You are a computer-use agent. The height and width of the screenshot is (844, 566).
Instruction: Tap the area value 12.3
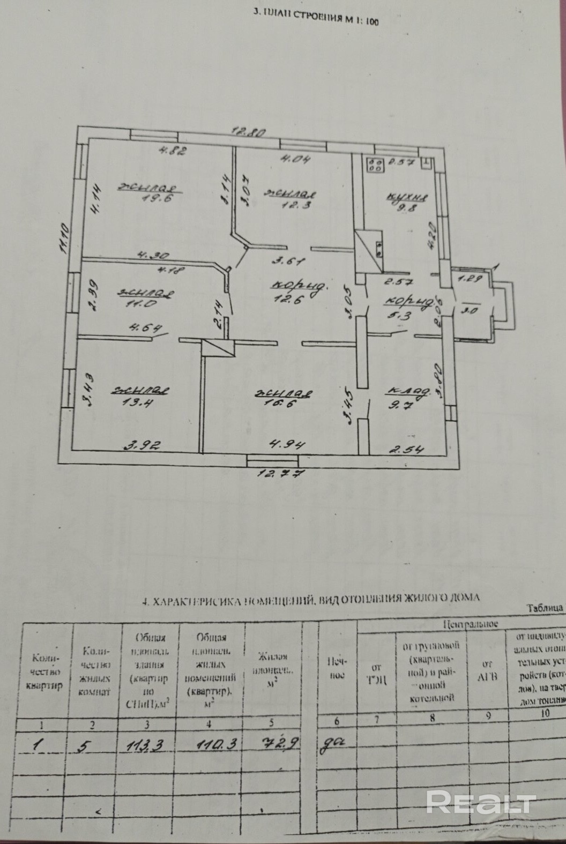(293, 204)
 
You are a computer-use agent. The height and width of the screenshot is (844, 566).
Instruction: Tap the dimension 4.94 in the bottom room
(282, 444)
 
